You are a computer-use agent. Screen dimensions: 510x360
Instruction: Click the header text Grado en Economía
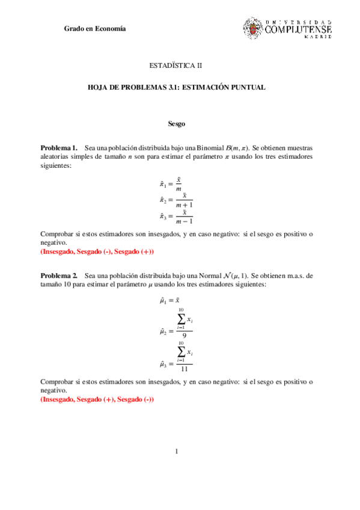pyautogui.click(x=95, y=29)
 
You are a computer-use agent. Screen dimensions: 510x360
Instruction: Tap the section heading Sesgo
pyautogui.click(x=176, y=124)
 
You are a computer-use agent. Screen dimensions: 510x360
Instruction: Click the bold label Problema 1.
pyautogui.click(x=58, y=147)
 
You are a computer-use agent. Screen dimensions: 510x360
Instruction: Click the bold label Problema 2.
pyautogui.click(x=58, y=275)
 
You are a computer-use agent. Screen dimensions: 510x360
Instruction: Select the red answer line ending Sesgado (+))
pyautogui.click(x=97, y=251)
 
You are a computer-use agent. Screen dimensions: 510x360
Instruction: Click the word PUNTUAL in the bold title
pyautogui.click(x=247, y=87)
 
